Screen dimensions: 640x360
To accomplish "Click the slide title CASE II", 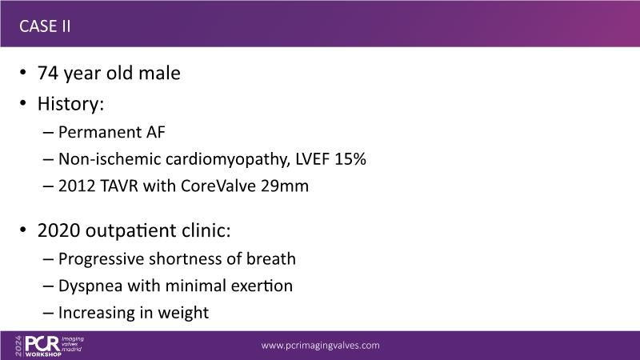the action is click(x=45, y=26).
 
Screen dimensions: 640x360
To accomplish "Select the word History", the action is click(x=68, y=104).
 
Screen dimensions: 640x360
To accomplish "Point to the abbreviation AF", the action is click(x=156, y=132).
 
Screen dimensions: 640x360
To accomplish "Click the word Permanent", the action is click(x=101, y=132).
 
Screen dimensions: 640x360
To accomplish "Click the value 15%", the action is click(x=350, y=159).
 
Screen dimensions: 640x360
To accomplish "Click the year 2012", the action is click(x=77, y=186).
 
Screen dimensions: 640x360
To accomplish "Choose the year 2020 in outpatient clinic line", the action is click(x=58, y=230).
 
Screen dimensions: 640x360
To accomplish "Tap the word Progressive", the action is click(x=102, y=259).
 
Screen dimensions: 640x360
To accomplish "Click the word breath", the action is click(x=271, y=258).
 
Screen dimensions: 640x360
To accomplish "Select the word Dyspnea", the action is click(x=90, y=286).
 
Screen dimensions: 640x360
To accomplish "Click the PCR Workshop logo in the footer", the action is click(x=49, y=346).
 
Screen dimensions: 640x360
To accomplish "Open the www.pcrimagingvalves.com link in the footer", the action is click(x=321, y=346).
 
